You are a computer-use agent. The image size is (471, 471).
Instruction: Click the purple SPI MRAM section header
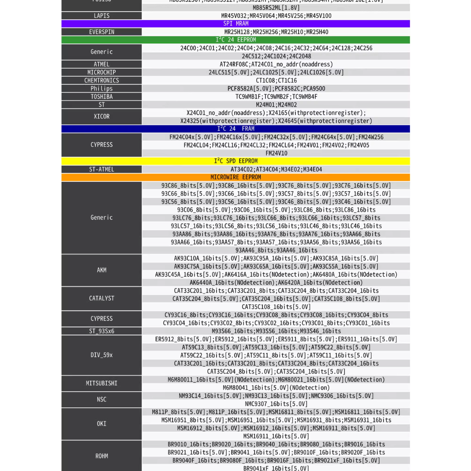coord(236,24)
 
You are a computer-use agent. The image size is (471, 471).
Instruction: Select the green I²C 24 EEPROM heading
coord(236,40)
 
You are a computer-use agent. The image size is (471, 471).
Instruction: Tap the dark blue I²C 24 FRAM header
coord(236,129)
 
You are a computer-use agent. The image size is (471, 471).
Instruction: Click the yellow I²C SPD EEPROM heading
coord(236,161)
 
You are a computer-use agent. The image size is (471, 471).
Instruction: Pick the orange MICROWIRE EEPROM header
coord(236,178)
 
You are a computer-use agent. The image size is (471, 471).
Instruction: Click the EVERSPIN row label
coord(102,32)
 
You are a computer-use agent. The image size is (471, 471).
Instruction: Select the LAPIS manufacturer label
coord(102,16)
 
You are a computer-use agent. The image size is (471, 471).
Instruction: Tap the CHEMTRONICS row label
coord(102,80)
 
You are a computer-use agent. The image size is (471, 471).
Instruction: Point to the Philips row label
coord(102,88)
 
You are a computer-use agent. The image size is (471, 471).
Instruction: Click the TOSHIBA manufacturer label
coord(102,97)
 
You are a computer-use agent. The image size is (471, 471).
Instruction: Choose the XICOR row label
coord(102,117)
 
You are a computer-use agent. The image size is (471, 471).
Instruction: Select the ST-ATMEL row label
coord(102,170)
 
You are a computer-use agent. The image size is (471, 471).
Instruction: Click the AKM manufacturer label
coord(102,270)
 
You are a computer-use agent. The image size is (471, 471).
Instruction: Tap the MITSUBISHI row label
coord(102,383)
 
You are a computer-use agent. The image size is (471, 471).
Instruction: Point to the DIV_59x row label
coord(102,355)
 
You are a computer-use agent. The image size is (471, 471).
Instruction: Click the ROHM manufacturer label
coord(102,456)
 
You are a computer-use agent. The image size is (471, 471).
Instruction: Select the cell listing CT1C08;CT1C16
coord(276,80)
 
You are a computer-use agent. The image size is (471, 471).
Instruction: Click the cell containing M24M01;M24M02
coord(276,105)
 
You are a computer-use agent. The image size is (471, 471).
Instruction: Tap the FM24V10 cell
coord(276,153)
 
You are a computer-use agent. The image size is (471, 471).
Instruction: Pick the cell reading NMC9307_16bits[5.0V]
coord(276,404)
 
